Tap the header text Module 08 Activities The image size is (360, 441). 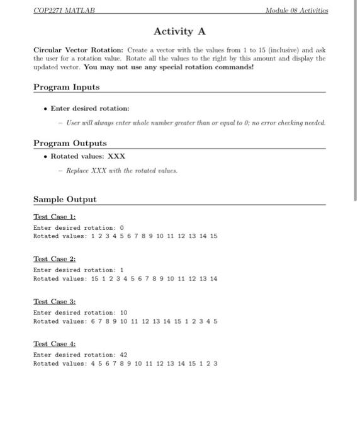click(x=296, y=11)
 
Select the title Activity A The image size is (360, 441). click(x=179, y=31)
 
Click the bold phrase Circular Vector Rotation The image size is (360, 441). click(x=79, y=49)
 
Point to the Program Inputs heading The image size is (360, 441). click(x=66, y=87)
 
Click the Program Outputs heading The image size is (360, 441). click(x=70, y=143)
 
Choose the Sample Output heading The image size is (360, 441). click(x=65, y=199)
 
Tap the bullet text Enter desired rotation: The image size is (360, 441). click(x=90, y=108)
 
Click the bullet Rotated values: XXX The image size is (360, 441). click(x=88, y=156)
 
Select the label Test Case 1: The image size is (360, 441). click(x=54, y=216)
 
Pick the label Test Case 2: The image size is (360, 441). click(x=54, y=259)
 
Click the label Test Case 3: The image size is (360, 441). click(x=54, y=302)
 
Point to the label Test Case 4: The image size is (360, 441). click(x=54, y=344)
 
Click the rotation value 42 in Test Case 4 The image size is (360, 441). click(x=123, y=355)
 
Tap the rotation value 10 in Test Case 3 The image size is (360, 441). click(x=123, y=312)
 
